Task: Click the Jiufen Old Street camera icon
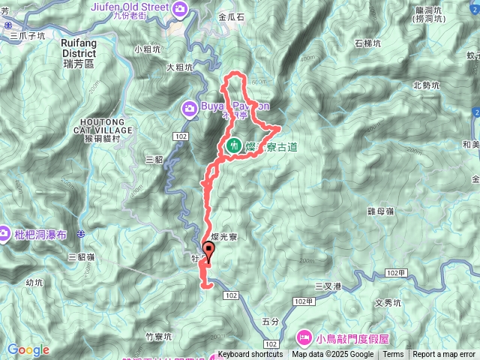(x=180, y=9)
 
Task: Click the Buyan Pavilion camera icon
(x=190, y=109)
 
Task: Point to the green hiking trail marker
(x=234, y=146)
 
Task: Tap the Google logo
(x=28, y=349)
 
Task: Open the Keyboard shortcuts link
(x=250, y=355)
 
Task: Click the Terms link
(x=393, y=355)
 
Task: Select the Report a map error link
(x=444, y=355)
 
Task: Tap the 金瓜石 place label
(x=229, y=15)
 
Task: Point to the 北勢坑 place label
(x=428, y=85)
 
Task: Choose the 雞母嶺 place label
(x=381, y=211)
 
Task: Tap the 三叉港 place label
(x=328, y=286)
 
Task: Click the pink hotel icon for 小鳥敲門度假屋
(x=304, y=336)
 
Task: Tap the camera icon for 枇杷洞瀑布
(x=4, y=234)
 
